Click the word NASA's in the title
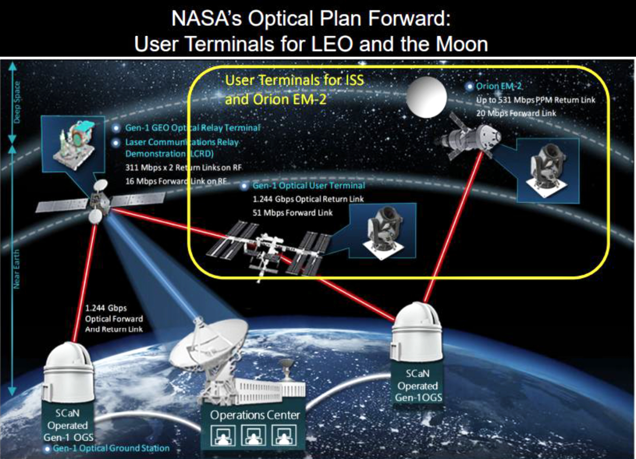(x=207, y=19)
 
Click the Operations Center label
(x=255, y=415)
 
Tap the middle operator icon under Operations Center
(x=254, y=435)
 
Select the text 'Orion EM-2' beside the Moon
(x=499, y=86)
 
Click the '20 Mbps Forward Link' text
(x=516, y=113)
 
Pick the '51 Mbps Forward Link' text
(x=292, y=213)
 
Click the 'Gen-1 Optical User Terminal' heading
(x=309, y=185)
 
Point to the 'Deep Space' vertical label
(x=17, y=102)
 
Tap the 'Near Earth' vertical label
(x=17, y=269)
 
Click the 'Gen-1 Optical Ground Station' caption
(x=111, y=448)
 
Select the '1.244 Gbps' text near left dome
(x=106, y=308)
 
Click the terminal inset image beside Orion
(x=548, y=170)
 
